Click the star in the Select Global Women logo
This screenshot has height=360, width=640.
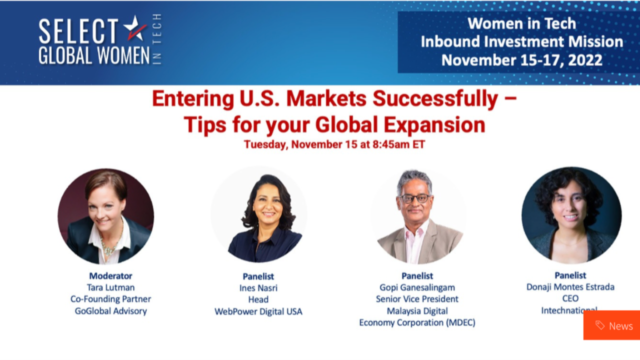(134, 27)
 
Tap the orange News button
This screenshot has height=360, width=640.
(611, 325)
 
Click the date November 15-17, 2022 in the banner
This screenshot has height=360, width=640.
(521, 60)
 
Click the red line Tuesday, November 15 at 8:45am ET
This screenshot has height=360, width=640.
(334, 144)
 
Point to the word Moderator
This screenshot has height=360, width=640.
(110, 276)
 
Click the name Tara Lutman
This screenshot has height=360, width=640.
(110, 287)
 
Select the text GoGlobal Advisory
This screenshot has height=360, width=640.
(110, 310)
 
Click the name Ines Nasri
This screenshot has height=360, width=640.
(258, 288)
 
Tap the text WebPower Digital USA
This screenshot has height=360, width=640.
(258, 311)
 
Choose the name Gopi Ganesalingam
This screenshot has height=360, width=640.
(417, 287)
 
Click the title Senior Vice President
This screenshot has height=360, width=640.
(417, 299)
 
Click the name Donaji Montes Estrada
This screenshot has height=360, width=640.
(570, 287)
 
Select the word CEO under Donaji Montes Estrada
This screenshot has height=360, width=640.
(570, 298)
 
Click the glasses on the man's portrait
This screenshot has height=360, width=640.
(414, 198)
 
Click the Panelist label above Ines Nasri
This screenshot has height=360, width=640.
(258, 276)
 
